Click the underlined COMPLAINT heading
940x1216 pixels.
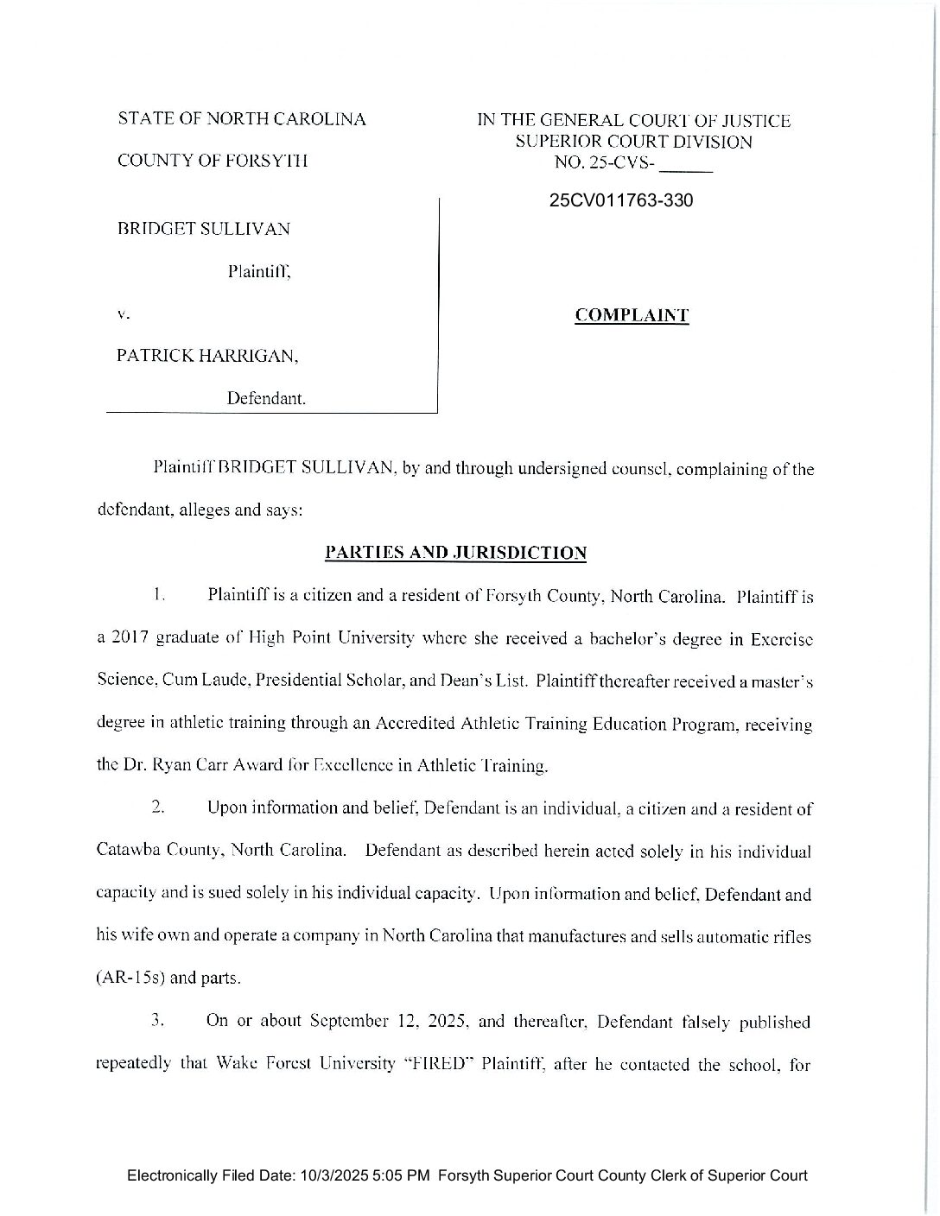[632, 315]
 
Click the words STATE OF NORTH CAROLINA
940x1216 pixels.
[242, 119]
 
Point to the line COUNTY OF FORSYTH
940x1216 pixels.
[212, 161]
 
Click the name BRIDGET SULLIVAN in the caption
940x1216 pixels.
[203, 229]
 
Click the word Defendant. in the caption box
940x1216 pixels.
[266, 399]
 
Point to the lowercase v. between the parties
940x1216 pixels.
[123, 314]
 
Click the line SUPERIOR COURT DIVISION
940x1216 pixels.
[633, 142]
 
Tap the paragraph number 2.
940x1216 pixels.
[157, 808]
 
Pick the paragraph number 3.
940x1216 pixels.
[157, 1021]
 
